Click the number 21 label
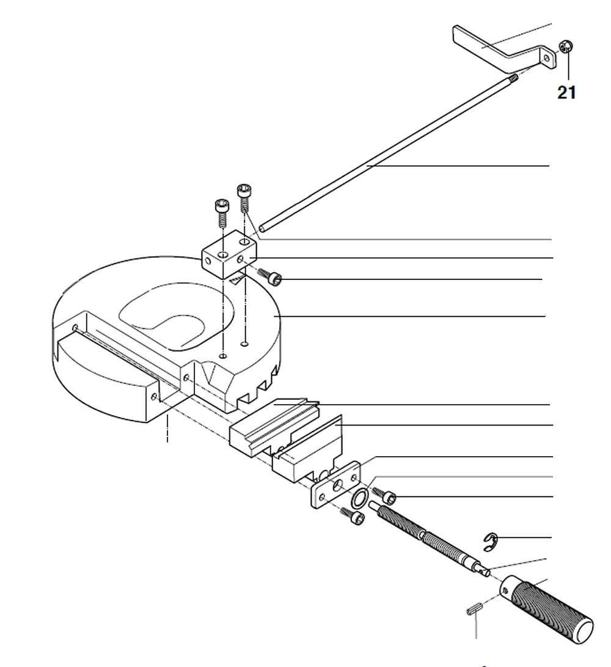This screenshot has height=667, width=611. click(566, 93)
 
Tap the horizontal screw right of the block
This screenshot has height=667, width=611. click(271, 276)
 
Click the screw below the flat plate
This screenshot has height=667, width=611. click(353, 517)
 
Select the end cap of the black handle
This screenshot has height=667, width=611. click(583, 628)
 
